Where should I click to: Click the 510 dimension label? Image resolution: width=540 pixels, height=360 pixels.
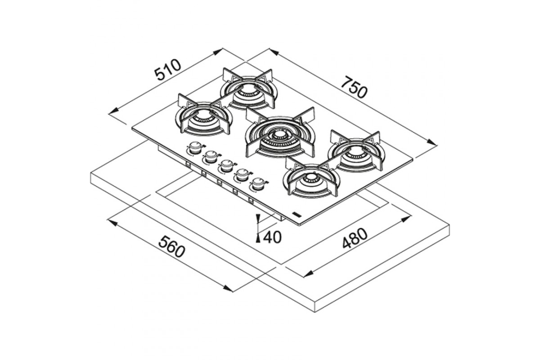point(167,70)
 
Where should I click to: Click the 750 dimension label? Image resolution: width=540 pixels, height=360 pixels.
point(355,87)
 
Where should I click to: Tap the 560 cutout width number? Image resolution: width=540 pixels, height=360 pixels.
point(171,247)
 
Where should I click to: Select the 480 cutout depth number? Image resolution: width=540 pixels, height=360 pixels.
point(355,238)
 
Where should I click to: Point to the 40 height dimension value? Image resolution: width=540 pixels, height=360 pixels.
point(272,237)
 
